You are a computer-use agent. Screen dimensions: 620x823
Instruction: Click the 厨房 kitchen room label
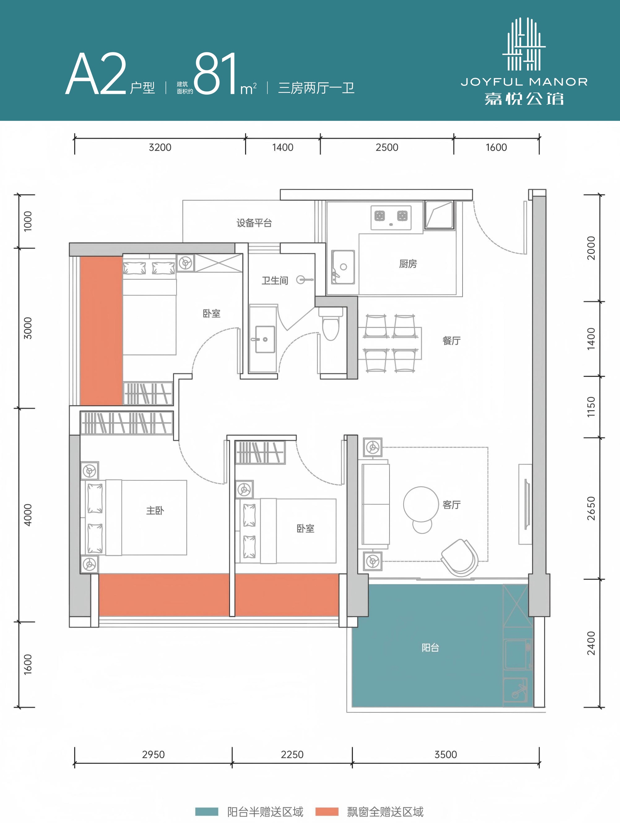pos(408,264)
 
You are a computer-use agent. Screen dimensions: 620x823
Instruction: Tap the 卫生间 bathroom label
pos(275,280)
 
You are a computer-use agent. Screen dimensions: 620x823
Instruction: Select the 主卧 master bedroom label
pos(155,510)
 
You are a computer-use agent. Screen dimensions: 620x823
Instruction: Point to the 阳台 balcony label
pos(430,648)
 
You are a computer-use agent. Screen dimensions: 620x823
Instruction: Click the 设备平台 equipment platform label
pos(254,223)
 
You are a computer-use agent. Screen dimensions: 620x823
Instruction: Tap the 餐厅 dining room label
pos(451,340)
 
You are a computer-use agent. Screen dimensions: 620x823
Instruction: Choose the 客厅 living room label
pos(451,505)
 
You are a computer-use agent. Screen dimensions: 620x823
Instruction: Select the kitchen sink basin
pos(343,267)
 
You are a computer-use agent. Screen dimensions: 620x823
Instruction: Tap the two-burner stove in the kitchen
pos(391,218)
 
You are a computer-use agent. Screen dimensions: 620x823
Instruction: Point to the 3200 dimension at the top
pos(160,147)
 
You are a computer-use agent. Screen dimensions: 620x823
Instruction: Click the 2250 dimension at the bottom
pos(292,754)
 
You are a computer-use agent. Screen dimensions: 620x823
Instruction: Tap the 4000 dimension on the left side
pos(28,515)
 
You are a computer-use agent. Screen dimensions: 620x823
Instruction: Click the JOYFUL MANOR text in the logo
pos(524,82)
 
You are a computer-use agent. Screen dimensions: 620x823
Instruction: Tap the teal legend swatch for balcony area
pos(206,812)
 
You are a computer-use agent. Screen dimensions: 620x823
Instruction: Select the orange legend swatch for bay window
pos(327,812)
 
